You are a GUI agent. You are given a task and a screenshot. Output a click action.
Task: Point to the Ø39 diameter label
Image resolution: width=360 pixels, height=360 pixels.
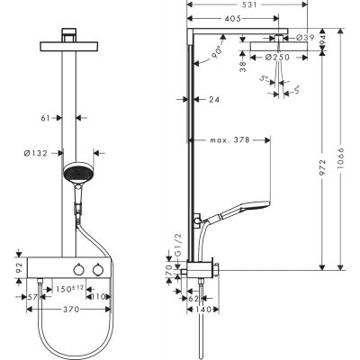click(305, 38)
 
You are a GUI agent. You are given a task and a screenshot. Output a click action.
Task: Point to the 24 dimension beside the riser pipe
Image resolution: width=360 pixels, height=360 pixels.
click(214, 101)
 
